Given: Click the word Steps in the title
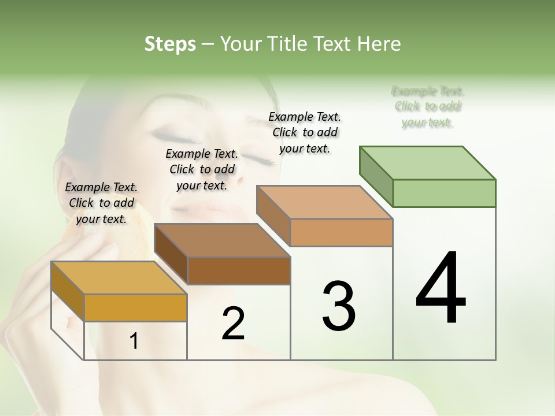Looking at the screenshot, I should coord(170,44).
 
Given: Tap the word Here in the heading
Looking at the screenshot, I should coord(379,44).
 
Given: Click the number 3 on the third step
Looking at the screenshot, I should coord(338,306).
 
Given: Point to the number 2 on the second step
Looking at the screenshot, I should coord(233,323).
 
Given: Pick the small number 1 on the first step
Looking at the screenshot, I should coord(134,341).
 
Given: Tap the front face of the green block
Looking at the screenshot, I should coord(444,193).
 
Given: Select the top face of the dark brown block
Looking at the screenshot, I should coord(222,240).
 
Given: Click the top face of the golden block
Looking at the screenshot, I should coord(119,278).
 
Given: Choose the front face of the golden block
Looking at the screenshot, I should coord(135,307).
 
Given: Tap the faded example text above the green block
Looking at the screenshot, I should coord(428,106).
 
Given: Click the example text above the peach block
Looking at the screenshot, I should coord(305,132).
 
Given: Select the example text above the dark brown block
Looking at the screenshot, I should coord(202,169).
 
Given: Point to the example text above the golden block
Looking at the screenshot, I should coord(101,203).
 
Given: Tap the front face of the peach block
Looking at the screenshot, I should coord(341,232).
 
